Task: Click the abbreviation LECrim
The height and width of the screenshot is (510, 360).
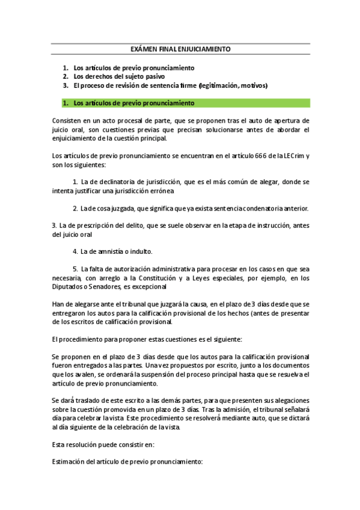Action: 291,156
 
